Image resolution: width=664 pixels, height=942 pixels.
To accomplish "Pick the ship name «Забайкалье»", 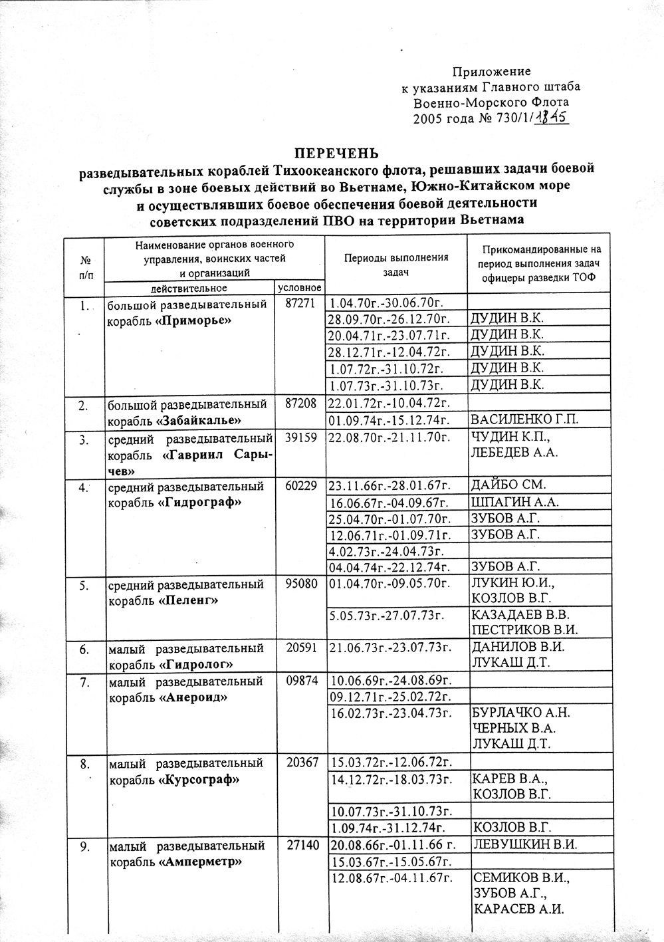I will point(199,421).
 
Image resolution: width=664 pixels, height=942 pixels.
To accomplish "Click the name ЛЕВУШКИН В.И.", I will point(522,845).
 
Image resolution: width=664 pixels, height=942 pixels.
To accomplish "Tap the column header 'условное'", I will point(299,288).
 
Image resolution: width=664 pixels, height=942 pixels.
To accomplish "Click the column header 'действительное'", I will point(189,288).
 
